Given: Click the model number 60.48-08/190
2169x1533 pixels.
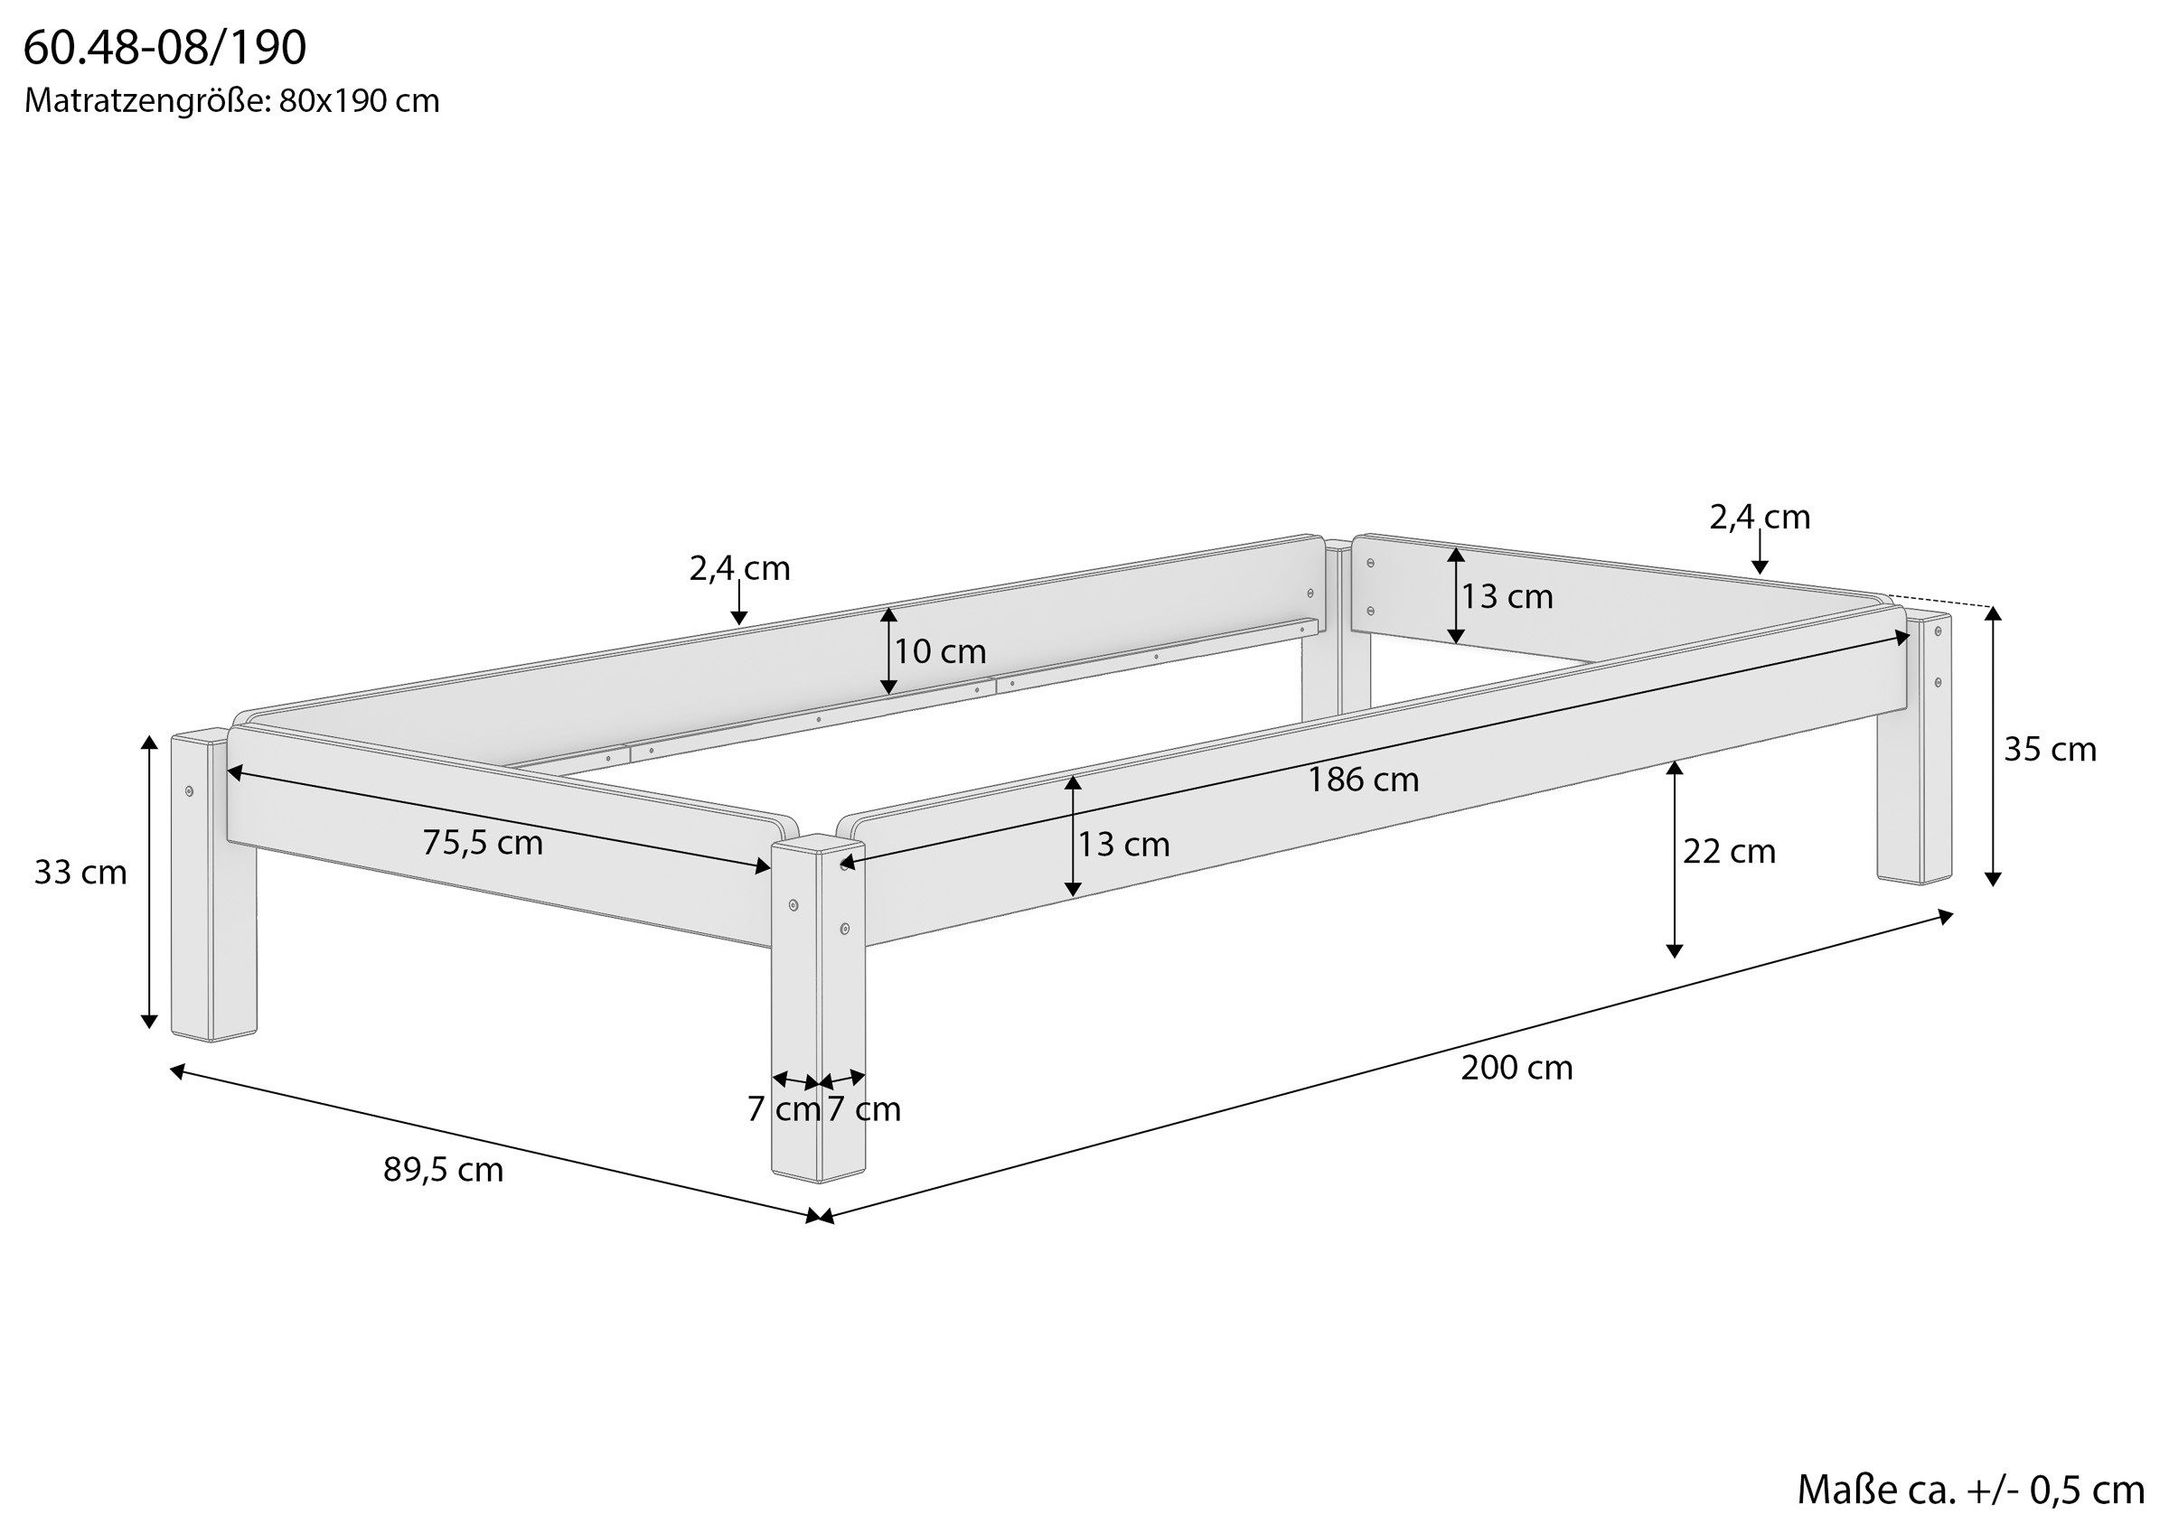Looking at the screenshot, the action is point(165,48).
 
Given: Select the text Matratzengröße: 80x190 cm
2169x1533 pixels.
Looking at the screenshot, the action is point(232,101).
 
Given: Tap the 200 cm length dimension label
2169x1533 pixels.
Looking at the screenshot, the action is point(1517,1069).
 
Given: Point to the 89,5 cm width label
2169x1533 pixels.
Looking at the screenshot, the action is point(443,1170).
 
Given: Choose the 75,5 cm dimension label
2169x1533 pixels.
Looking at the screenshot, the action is point(483,843).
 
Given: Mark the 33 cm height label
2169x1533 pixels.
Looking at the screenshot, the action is point(80,872).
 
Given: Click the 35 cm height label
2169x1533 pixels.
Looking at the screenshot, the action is point(2050,749).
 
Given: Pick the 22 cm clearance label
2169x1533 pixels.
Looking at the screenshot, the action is point(1729,851).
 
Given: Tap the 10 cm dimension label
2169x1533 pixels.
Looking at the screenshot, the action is point(940,650).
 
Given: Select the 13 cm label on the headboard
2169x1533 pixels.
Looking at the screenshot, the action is point(1507,596).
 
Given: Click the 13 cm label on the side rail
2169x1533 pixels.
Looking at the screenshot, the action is point(1124,844).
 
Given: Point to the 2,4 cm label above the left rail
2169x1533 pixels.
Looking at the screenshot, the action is point(739,567).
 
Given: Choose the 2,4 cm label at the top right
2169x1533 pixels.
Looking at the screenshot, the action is point(1760,517).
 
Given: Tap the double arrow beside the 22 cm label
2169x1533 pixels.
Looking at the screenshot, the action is point(1675,859).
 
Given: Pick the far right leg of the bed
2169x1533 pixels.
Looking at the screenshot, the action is point(1914,748).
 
